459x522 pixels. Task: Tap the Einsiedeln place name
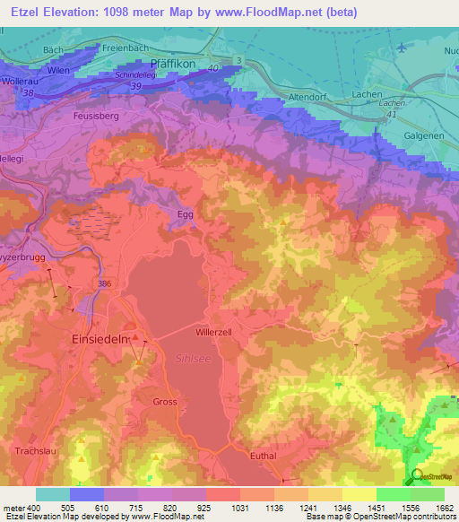pos(101,341)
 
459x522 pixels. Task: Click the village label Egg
pos(183,214)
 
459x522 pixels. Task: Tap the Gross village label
pos(165,402)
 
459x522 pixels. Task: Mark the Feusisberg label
pos(95,117)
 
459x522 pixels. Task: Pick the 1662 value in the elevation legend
pos(444,508)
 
